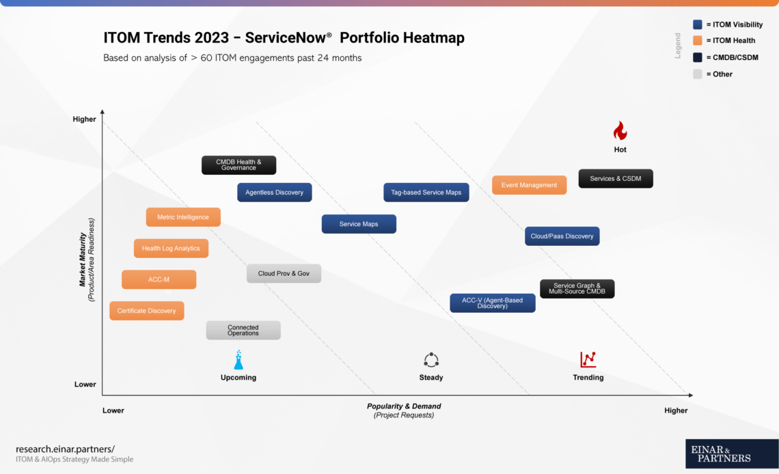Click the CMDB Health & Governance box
(238, 165)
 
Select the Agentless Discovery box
(275, 193)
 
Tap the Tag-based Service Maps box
(426, 193)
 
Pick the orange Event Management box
(529, 185)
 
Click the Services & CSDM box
(616, 179)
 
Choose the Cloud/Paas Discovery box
(562, 236)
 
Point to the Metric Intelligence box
(183, 217)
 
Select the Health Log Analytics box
(171, 249)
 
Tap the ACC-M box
(159, 279)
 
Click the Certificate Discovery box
(146, 311)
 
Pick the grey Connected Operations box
(243, 331)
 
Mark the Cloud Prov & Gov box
(284, 273)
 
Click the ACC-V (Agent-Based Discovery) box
(492, 303)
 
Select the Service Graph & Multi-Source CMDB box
(577, 289)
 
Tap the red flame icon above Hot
(620, 130)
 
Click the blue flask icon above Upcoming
(238, 359)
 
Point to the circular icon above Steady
(430, 360)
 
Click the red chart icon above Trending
(588, 359)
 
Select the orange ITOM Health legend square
(697, 41)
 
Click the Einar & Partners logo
(731, 454)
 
